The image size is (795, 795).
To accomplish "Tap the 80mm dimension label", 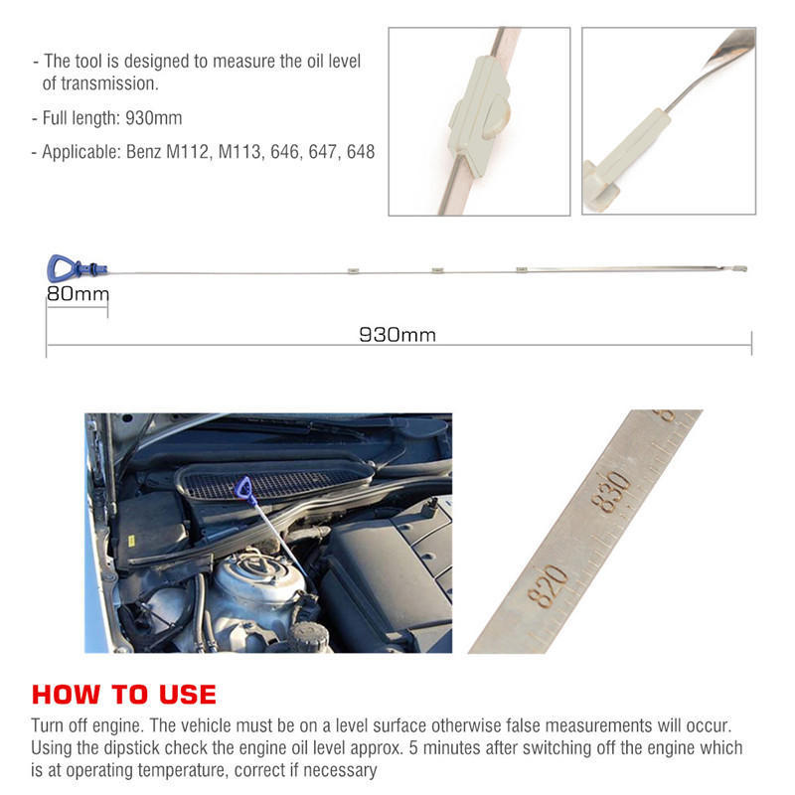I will point(78,294).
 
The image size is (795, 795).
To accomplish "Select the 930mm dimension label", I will point(397,335).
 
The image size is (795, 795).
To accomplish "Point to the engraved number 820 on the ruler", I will point(548,585).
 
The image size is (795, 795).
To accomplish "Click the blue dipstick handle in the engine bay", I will point(243,488).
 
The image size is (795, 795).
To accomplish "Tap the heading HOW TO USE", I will point(123,694).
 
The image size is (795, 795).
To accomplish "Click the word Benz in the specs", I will point(146,153).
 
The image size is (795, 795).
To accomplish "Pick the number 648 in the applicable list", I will point(359,153).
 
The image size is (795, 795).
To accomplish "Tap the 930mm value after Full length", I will point(154,118).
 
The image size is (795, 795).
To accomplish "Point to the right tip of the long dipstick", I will point(743,266).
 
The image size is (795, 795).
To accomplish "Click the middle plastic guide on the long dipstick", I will point(436,269).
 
